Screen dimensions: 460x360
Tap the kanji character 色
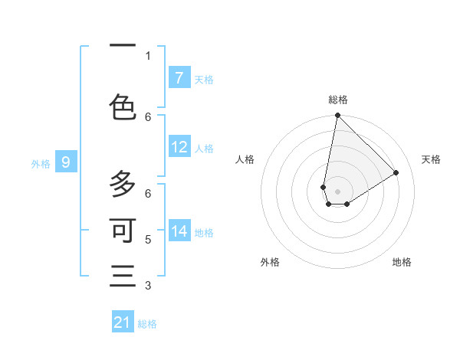pyautogui.click(x=123, y=107)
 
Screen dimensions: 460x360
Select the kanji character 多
pyautogui.click(x=123, y=184)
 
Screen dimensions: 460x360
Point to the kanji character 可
pyautogui.click(x=123, y=229)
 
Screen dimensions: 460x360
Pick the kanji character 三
pyautogui.click(x=123, y=275)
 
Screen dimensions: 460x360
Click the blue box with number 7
pyautogui.click(x=179, y=78)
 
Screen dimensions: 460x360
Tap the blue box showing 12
pyautogui.click(x=179, y=147)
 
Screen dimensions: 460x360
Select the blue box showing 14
pyautogui.click(x=179, y=231)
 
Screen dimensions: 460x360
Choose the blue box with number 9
pyautogui.click(x=67, y=162)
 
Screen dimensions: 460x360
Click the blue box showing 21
pyautogui.click(x=123, y=322)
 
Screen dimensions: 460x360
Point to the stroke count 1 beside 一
pyautogui.click(x=148, y=55)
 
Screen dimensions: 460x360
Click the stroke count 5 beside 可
pyautogui.click(x=148, y=239)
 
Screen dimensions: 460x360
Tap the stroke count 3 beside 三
pyautogui.click(x=148, y=286)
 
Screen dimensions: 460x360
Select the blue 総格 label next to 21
pyautogui.click(x=147, y=324)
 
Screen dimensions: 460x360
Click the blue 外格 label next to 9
pyautogui.click(x=41, y=163)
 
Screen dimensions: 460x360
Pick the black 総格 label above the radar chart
pyautogui.click(x=338, y=100)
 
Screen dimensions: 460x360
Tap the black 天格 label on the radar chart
pyautogui.click(x=431, y=159)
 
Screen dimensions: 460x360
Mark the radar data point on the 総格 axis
pyautogui.click(x=337, y=116)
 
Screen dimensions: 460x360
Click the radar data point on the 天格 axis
pyautogui.click(x=396, y=173)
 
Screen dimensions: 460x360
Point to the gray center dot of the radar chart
pyautogui.click(x=338, y=191)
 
